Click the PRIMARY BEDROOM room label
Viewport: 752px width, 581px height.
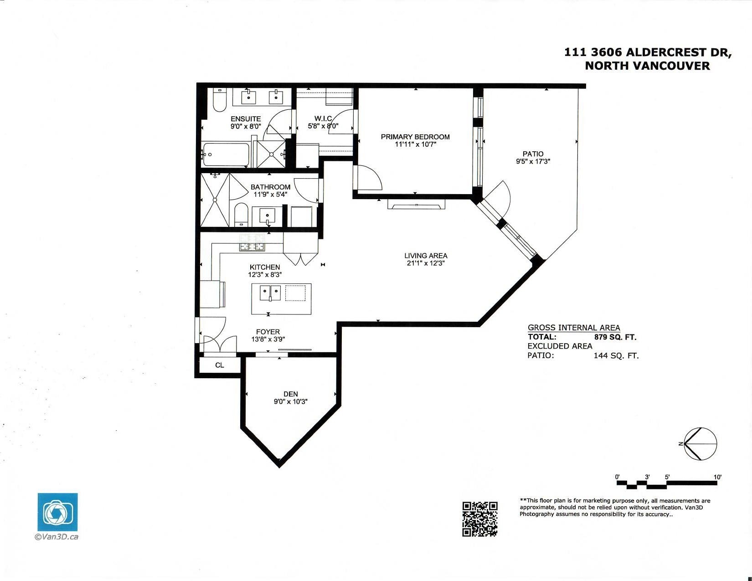(x=415, y=137)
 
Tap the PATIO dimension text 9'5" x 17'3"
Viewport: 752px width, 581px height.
(x=533, y=161)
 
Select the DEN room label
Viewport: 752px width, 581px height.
(x=290, y=394)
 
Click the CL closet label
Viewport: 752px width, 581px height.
(x=219, y=365)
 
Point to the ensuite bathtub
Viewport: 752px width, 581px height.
(x=226, y=155)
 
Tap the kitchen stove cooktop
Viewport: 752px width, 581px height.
(x=252, y=242)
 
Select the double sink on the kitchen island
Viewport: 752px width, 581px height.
(x=270, y=293)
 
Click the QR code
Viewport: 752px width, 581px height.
(x=480, y=519)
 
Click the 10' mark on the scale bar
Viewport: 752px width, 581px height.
(x=717, y=477)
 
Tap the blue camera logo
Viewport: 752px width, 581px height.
(x=57, y=512)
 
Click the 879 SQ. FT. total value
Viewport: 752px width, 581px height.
(x=615, y=337)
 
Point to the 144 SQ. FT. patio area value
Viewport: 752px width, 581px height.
(x=616, y=356)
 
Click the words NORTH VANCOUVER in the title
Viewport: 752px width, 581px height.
(x=647, y=66)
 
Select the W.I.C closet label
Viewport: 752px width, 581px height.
(x=323, y=118)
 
